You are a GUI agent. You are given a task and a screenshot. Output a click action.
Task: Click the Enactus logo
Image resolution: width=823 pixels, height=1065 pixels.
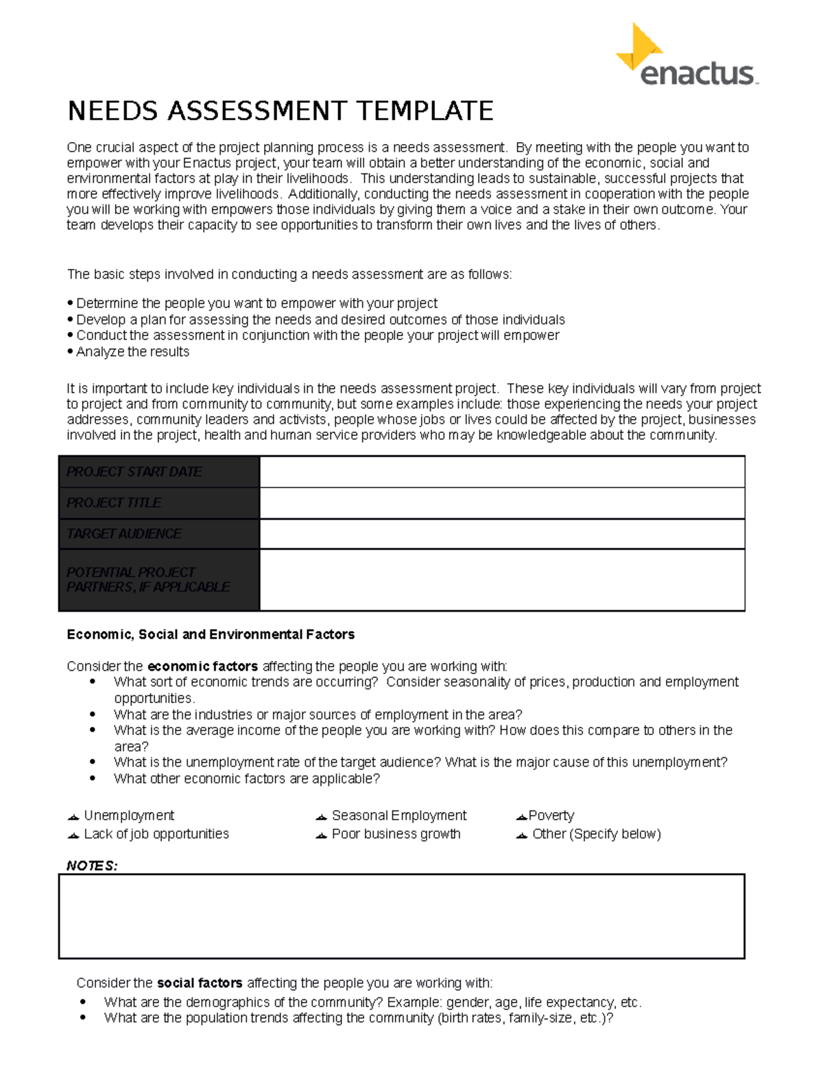[686, 57]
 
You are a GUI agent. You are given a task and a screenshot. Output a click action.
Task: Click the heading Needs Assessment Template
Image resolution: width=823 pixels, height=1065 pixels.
[280, 110]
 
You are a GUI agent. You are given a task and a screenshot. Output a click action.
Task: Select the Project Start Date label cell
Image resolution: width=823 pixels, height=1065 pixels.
[159, 472]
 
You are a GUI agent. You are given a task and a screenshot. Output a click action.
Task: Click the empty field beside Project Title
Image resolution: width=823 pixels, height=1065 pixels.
[501, 503]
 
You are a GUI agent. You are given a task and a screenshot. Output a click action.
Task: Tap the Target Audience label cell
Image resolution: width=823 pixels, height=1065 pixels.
[159, 534]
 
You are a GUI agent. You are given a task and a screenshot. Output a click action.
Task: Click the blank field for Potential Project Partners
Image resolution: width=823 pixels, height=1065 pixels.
[501, 579]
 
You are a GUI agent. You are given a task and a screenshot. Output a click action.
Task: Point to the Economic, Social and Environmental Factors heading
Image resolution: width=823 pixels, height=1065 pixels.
[211, 634]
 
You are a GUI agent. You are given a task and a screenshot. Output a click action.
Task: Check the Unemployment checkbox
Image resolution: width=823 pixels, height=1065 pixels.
[73, 817]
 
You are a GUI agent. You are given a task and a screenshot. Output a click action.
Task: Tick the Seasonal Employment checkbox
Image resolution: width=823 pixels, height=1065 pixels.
[321, 817]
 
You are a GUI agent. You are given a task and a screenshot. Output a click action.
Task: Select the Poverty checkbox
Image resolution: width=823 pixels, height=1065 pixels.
[521, 817]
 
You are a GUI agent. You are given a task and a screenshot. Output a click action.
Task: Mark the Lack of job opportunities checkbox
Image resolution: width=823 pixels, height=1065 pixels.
[73, 835]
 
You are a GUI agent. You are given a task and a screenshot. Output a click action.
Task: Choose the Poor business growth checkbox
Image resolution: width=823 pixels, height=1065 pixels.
[321, 835]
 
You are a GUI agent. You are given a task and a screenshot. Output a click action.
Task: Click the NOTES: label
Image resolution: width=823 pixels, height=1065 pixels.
[92, 865]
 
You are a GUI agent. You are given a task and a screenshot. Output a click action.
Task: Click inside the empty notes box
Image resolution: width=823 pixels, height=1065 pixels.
[401, 916]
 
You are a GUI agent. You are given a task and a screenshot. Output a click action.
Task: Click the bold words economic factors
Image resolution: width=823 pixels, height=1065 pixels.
[203, 666]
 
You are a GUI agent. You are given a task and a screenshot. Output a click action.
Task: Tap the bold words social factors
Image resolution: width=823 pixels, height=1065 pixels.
[200, 983]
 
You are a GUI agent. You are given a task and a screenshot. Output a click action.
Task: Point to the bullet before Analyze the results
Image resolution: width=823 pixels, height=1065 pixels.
[70, 352]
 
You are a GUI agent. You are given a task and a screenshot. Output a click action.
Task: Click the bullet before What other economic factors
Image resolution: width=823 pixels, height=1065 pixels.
[93, 778]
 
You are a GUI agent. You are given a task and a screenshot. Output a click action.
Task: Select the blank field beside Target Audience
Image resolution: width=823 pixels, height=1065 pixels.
[501, 534]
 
